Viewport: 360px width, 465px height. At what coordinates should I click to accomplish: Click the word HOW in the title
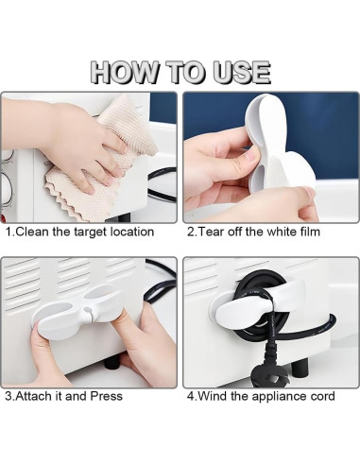(124, 73)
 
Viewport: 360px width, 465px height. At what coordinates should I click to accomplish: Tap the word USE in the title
(242, 73)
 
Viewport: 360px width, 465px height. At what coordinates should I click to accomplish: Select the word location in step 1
(132, 232)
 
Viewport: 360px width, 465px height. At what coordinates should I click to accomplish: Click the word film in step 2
(310, 232)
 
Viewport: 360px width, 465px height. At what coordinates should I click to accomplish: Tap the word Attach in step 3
(34, 396)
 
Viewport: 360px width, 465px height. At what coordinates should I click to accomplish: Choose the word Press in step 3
(107, 396)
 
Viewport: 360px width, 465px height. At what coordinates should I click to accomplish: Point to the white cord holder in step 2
(277, 148)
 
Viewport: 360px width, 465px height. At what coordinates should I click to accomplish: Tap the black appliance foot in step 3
(112, 362)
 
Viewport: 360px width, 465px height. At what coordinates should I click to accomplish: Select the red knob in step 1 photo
(4, 218)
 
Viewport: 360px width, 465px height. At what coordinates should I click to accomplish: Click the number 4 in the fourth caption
(190, 396)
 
